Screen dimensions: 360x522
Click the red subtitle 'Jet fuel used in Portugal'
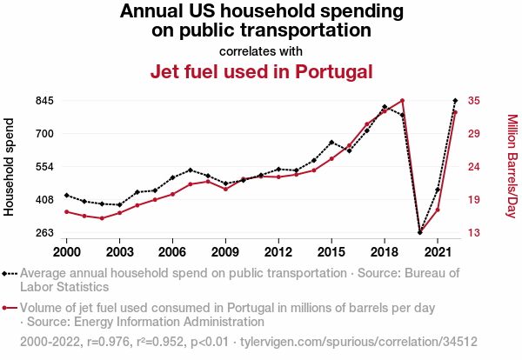pyautogui.click(x=261, y=71)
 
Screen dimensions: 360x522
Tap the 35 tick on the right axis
pyautogui.click(x=474, y=100)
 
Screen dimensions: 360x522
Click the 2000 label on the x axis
pyautogui.click(x=67, y=251)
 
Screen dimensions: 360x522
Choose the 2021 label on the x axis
pyautogui.click(x=437, y=251)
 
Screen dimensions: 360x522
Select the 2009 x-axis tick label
pyautogui.click(x=225, y=251)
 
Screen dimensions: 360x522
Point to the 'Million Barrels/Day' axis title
pyautogui.click(x=512, y=166)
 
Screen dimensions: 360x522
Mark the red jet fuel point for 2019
pyautogui.click(x=402, y=100)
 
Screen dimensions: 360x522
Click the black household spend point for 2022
pyautogui.click(x=455, y=101)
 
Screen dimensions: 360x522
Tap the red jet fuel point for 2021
pyautogui.click(x=438, y=210)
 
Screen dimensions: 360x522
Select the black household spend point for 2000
pyautogui.click(x=67, y=195)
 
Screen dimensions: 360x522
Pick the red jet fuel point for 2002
pyautogui.click(x=102, y=218)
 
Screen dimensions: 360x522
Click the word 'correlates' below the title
pyautogui.click(x=244, y=50)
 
